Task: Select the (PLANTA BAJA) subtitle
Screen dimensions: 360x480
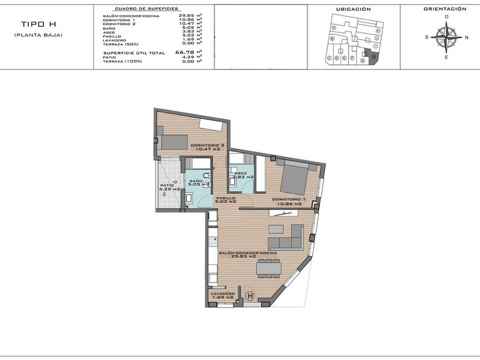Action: click(x=38, y=34)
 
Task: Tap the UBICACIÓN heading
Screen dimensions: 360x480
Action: click(x=353, y=9)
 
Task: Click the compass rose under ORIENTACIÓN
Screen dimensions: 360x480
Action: click(x=446, y=37)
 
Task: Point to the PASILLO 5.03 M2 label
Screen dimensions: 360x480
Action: click(x=225, y=199)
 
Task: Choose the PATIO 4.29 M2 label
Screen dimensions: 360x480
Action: click(x=169, y=187)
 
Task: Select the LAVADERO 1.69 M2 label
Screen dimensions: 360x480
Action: click(x=222, y=295)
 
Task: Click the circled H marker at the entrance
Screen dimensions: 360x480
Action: click(x=251, y=296)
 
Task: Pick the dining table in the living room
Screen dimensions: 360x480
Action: click(x=269, y=268)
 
